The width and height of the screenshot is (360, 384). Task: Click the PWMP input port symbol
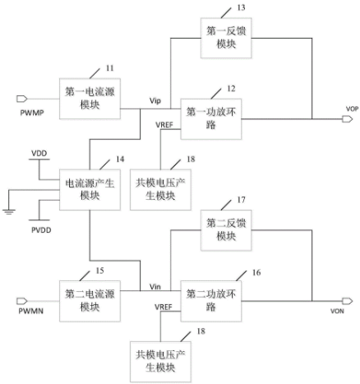(x=21, y=99)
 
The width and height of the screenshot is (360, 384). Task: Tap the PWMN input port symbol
(x=21, y=301)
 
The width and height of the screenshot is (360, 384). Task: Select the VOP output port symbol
(x=347, y=119)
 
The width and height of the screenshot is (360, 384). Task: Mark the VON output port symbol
(x=347, y=301)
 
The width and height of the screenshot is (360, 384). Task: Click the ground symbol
(x=9, y=212)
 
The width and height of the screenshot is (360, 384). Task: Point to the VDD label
(x=39, y=153)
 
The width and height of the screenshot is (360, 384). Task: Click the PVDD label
(x=41, y=230)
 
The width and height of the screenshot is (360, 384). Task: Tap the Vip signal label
(x=155, y=101)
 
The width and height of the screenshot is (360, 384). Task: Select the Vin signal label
(x=155, y=287)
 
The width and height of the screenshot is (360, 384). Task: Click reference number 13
(x=241, y=7)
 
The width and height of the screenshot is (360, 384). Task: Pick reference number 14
(x=120, y=159)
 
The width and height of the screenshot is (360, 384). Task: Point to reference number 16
(x=256, y=272)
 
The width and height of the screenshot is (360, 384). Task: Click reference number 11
(x=110, y=68)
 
